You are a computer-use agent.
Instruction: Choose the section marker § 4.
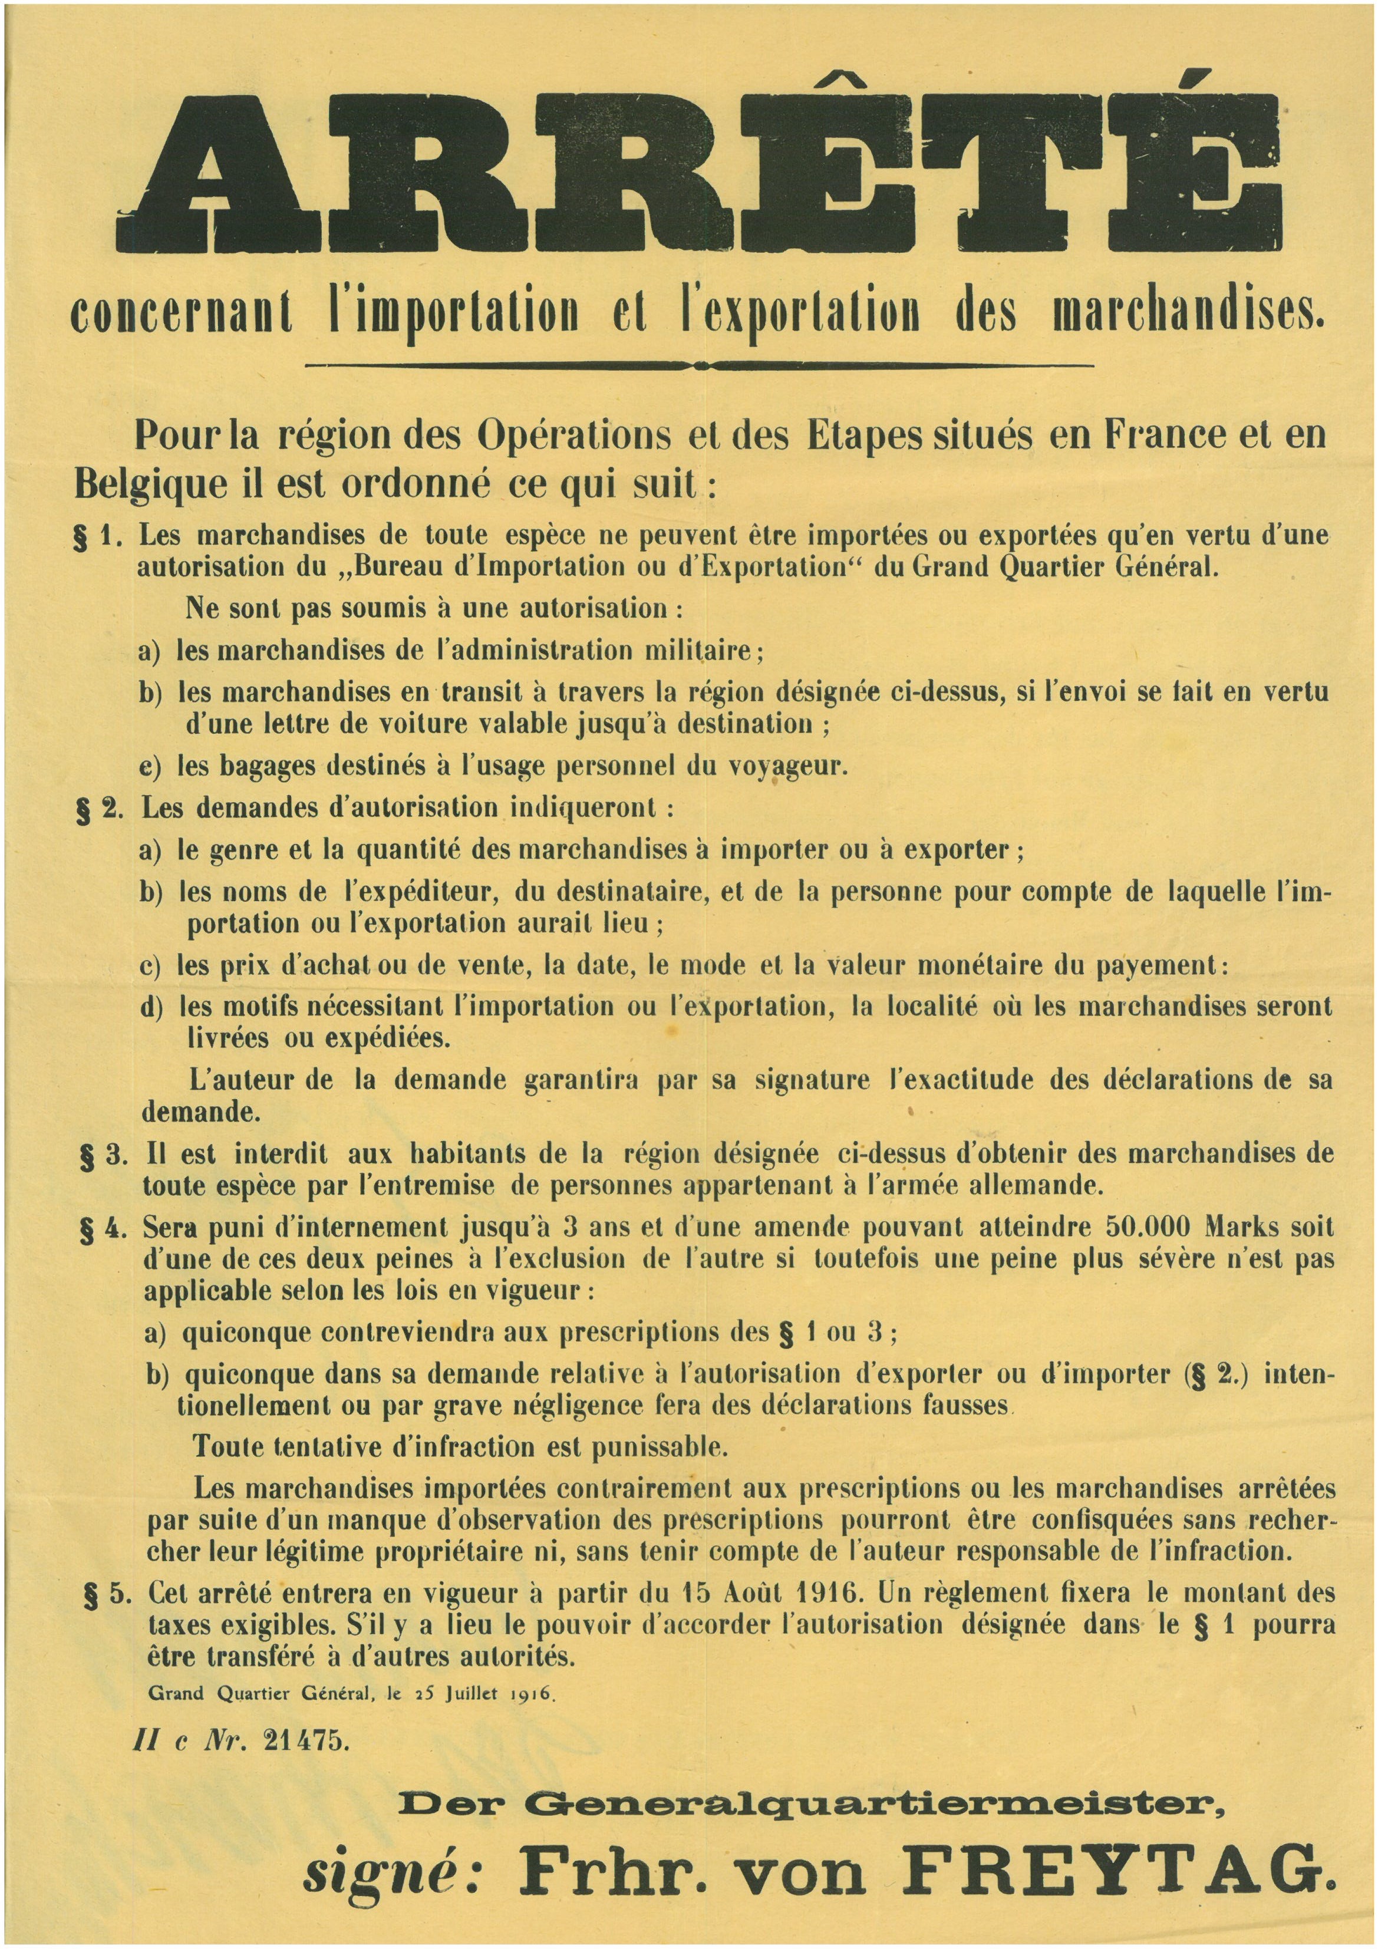pos(102,1230)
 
